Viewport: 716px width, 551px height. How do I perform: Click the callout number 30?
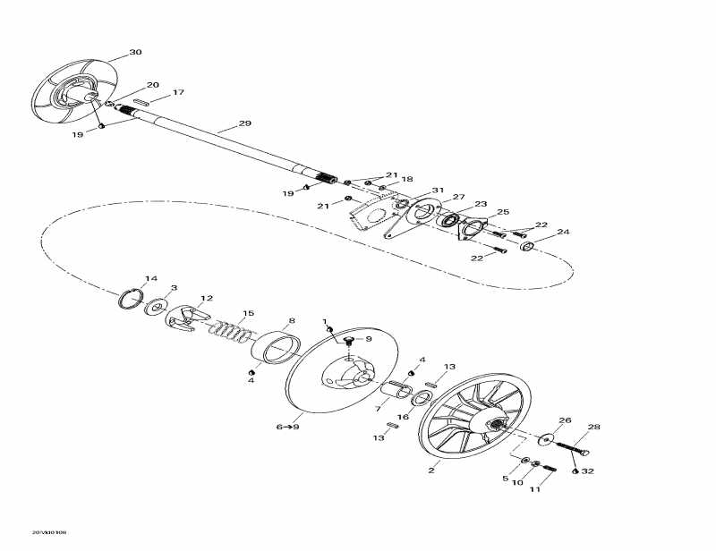click(135, 53)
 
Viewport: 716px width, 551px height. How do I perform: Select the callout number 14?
click(151, 278)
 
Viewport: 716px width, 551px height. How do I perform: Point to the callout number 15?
click(249, 313)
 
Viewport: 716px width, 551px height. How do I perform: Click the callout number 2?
click(431, 470)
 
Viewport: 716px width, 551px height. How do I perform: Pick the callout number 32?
click(587, 470)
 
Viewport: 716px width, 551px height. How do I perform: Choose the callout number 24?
click(563, 233)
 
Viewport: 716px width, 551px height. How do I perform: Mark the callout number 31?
click(438, 191)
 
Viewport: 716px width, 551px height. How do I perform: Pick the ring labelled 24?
click(528, 245)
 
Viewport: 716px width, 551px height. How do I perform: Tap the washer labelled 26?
click(546, 439)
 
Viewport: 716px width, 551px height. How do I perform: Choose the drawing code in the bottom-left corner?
click(49, 533)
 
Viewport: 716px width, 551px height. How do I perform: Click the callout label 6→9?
click(286, 428)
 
